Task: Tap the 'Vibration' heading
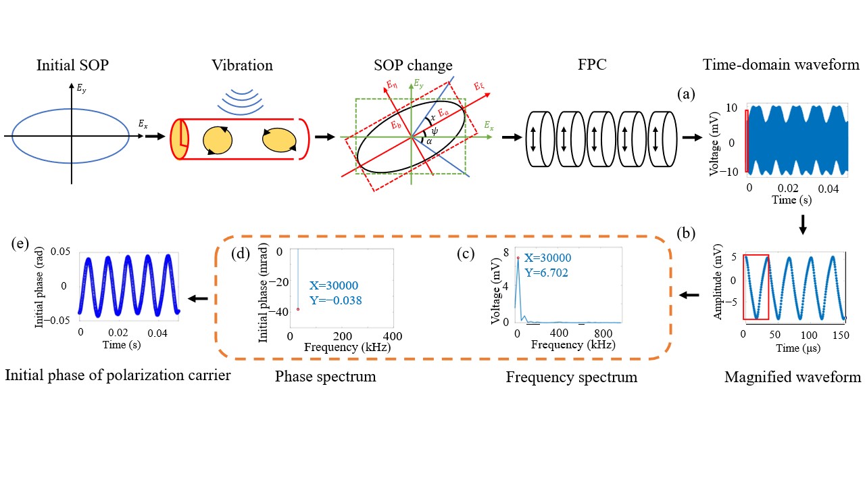click(241, 66)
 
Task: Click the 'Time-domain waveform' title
click(781, 66)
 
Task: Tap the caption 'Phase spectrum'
click(325, 376)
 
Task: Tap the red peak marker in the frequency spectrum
click(518, 258)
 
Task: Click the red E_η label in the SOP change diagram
click(391, 85)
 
